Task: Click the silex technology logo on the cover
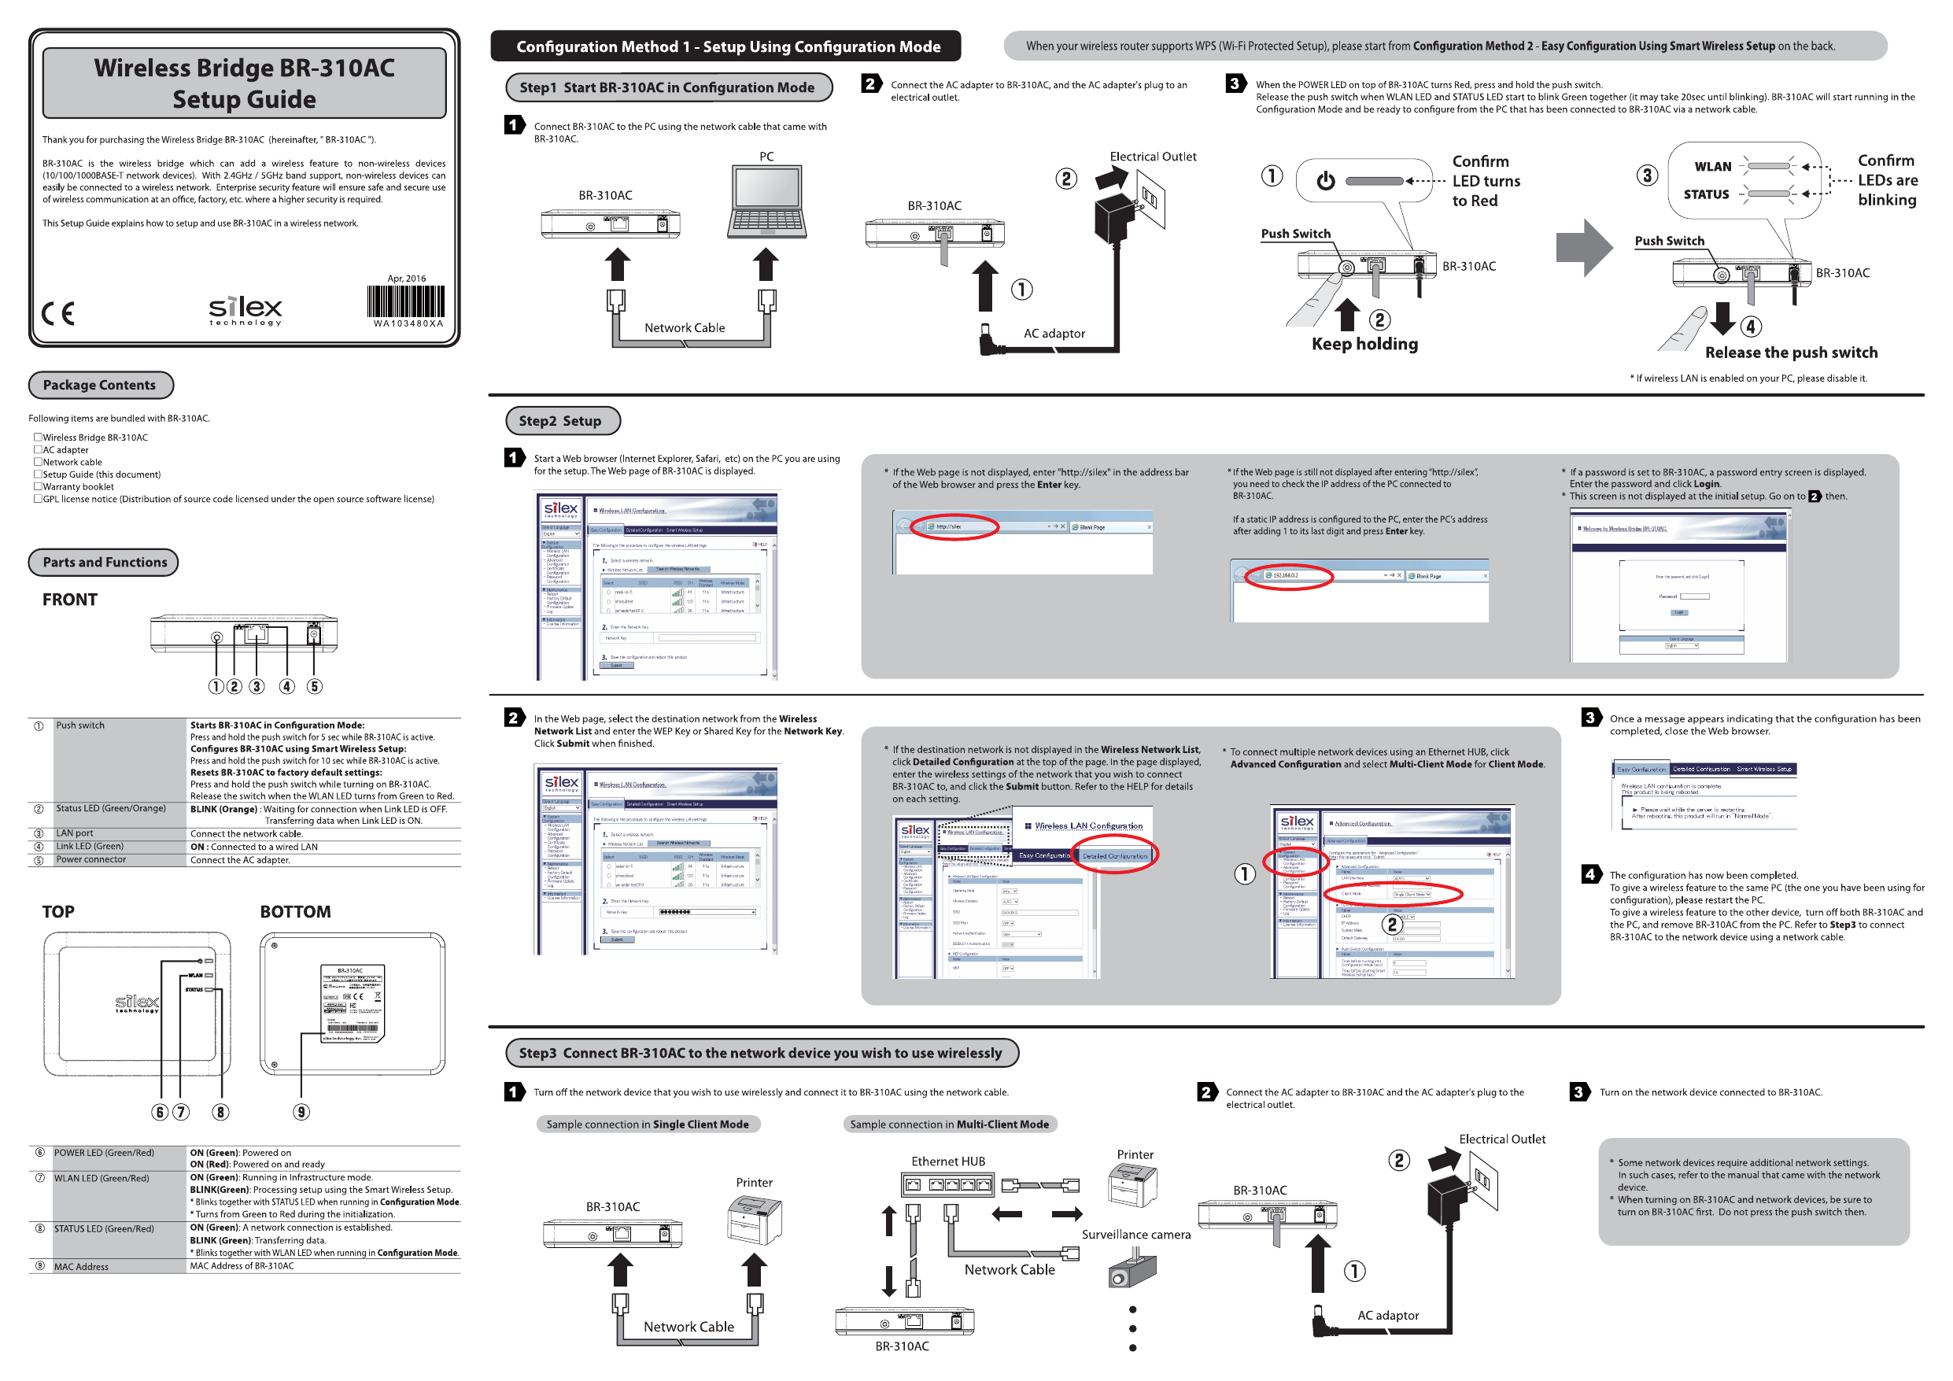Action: point(245,311)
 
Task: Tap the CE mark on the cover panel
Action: point(58,313)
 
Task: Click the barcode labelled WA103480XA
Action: point(406,302)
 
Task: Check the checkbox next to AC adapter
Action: point(38,449)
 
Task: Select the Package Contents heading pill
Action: point(101,385)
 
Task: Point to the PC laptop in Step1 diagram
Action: point(766,201)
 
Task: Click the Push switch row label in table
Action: point(80,725)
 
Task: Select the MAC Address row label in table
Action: point(81,1266)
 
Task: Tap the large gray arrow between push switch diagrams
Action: point(1583,248)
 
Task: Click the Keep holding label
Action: point(1364,344)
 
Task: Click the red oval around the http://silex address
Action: point(954,526)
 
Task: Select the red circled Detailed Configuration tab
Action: point(1114,855)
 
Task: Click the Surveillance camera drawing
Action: point(1132,1268)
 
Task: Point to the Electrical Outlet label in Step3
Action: point(1501,1139)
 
